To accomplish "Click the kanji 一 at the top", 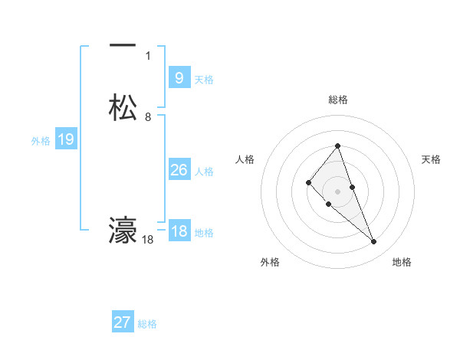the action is click(x=123, y=46).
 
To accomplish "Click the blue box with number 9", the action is click(x=179, y=78).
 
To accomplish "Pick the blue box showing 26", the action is click(x=179, y=170).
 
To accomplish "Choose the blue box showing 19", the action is click(x=65, y=139).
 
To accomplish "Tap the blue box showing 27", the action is click(x=123, y=322).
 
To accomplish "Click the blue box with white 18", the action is click(x=179, y=231).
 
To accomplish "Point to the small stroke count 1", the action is click(x=148, y=56).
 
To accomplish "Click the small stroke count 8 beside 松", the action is click(x=148, y=117).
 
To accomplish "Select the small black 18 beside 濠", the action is click(x=148, y=240).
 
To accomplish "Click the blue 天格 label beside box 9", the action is click(x=204, y=80).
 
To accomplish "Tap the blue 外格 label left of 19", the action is click(x=41, y=141).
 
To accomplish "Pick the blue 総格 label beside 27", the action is click(x=147, y=324).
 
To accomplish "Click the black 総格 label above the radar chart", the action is click(x=338, y=100).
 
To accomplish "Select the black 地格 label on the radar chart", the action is click(x=402, y=262).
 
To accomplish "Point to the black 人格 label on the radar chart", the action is click(x=245, y=159).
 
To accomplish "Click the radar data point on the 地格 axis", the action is click(x=374, y=242).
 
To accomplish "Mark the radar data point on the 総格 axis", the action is click(x=338, y=146).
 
